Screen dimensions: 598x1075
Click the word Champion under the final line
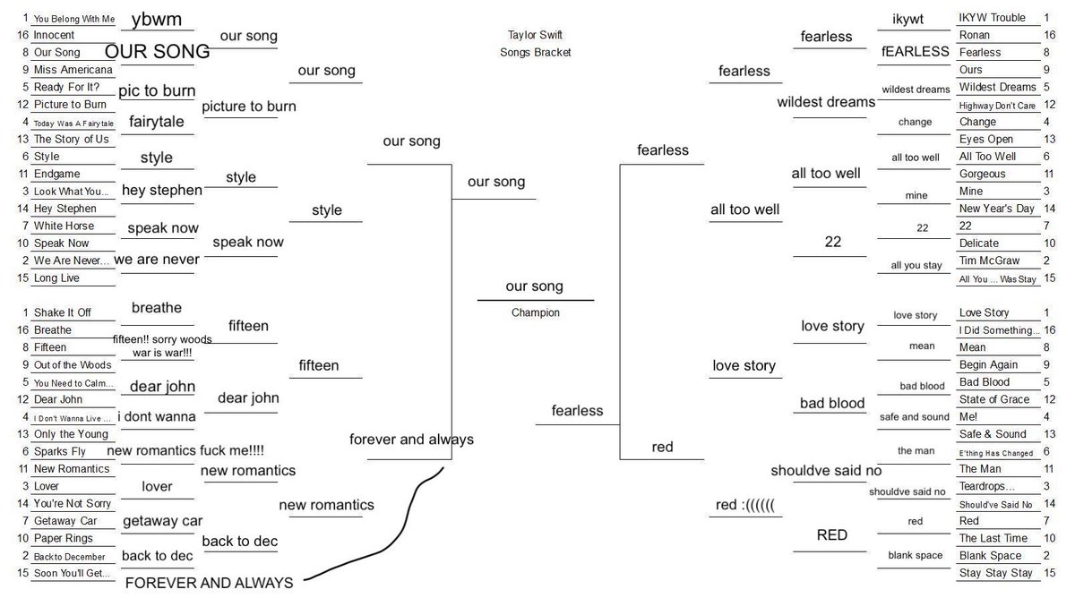point(536,313)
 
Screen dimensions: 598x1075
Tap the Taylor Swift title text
point(535,35)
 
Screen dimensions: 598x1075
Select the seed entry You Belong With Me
point(73,18)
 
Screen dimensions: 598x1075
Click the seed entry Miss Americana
point(73,70)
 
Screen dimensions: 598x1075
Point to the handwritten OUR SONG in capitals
point(157,51)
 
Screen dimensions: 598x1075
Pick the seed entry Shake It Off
point(62,312)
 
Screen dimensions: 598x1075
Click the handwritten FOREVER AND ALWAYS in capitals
point(209,583)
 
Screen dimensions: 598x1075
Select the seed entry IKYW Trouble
point(992,18)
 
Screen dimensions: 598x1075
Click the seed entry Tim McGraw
point(989,261)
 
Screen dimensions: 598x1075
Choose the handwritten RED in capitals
point(831,535)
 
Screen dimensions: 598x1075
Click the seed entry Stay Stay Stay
point(995,573)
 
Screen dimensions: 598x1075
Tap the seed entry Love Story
point(984,312)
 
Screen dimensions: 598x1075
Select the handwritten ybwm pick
point(157,20)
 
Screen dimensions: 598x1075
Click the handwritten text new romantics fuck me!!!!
point(185,451)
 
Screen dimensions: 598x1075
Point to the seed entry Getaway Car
point(64,521)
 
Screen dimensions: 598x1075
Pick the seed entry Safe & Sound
point(993,434)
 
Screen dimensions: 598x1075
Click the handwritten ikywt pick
point(907,20)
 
